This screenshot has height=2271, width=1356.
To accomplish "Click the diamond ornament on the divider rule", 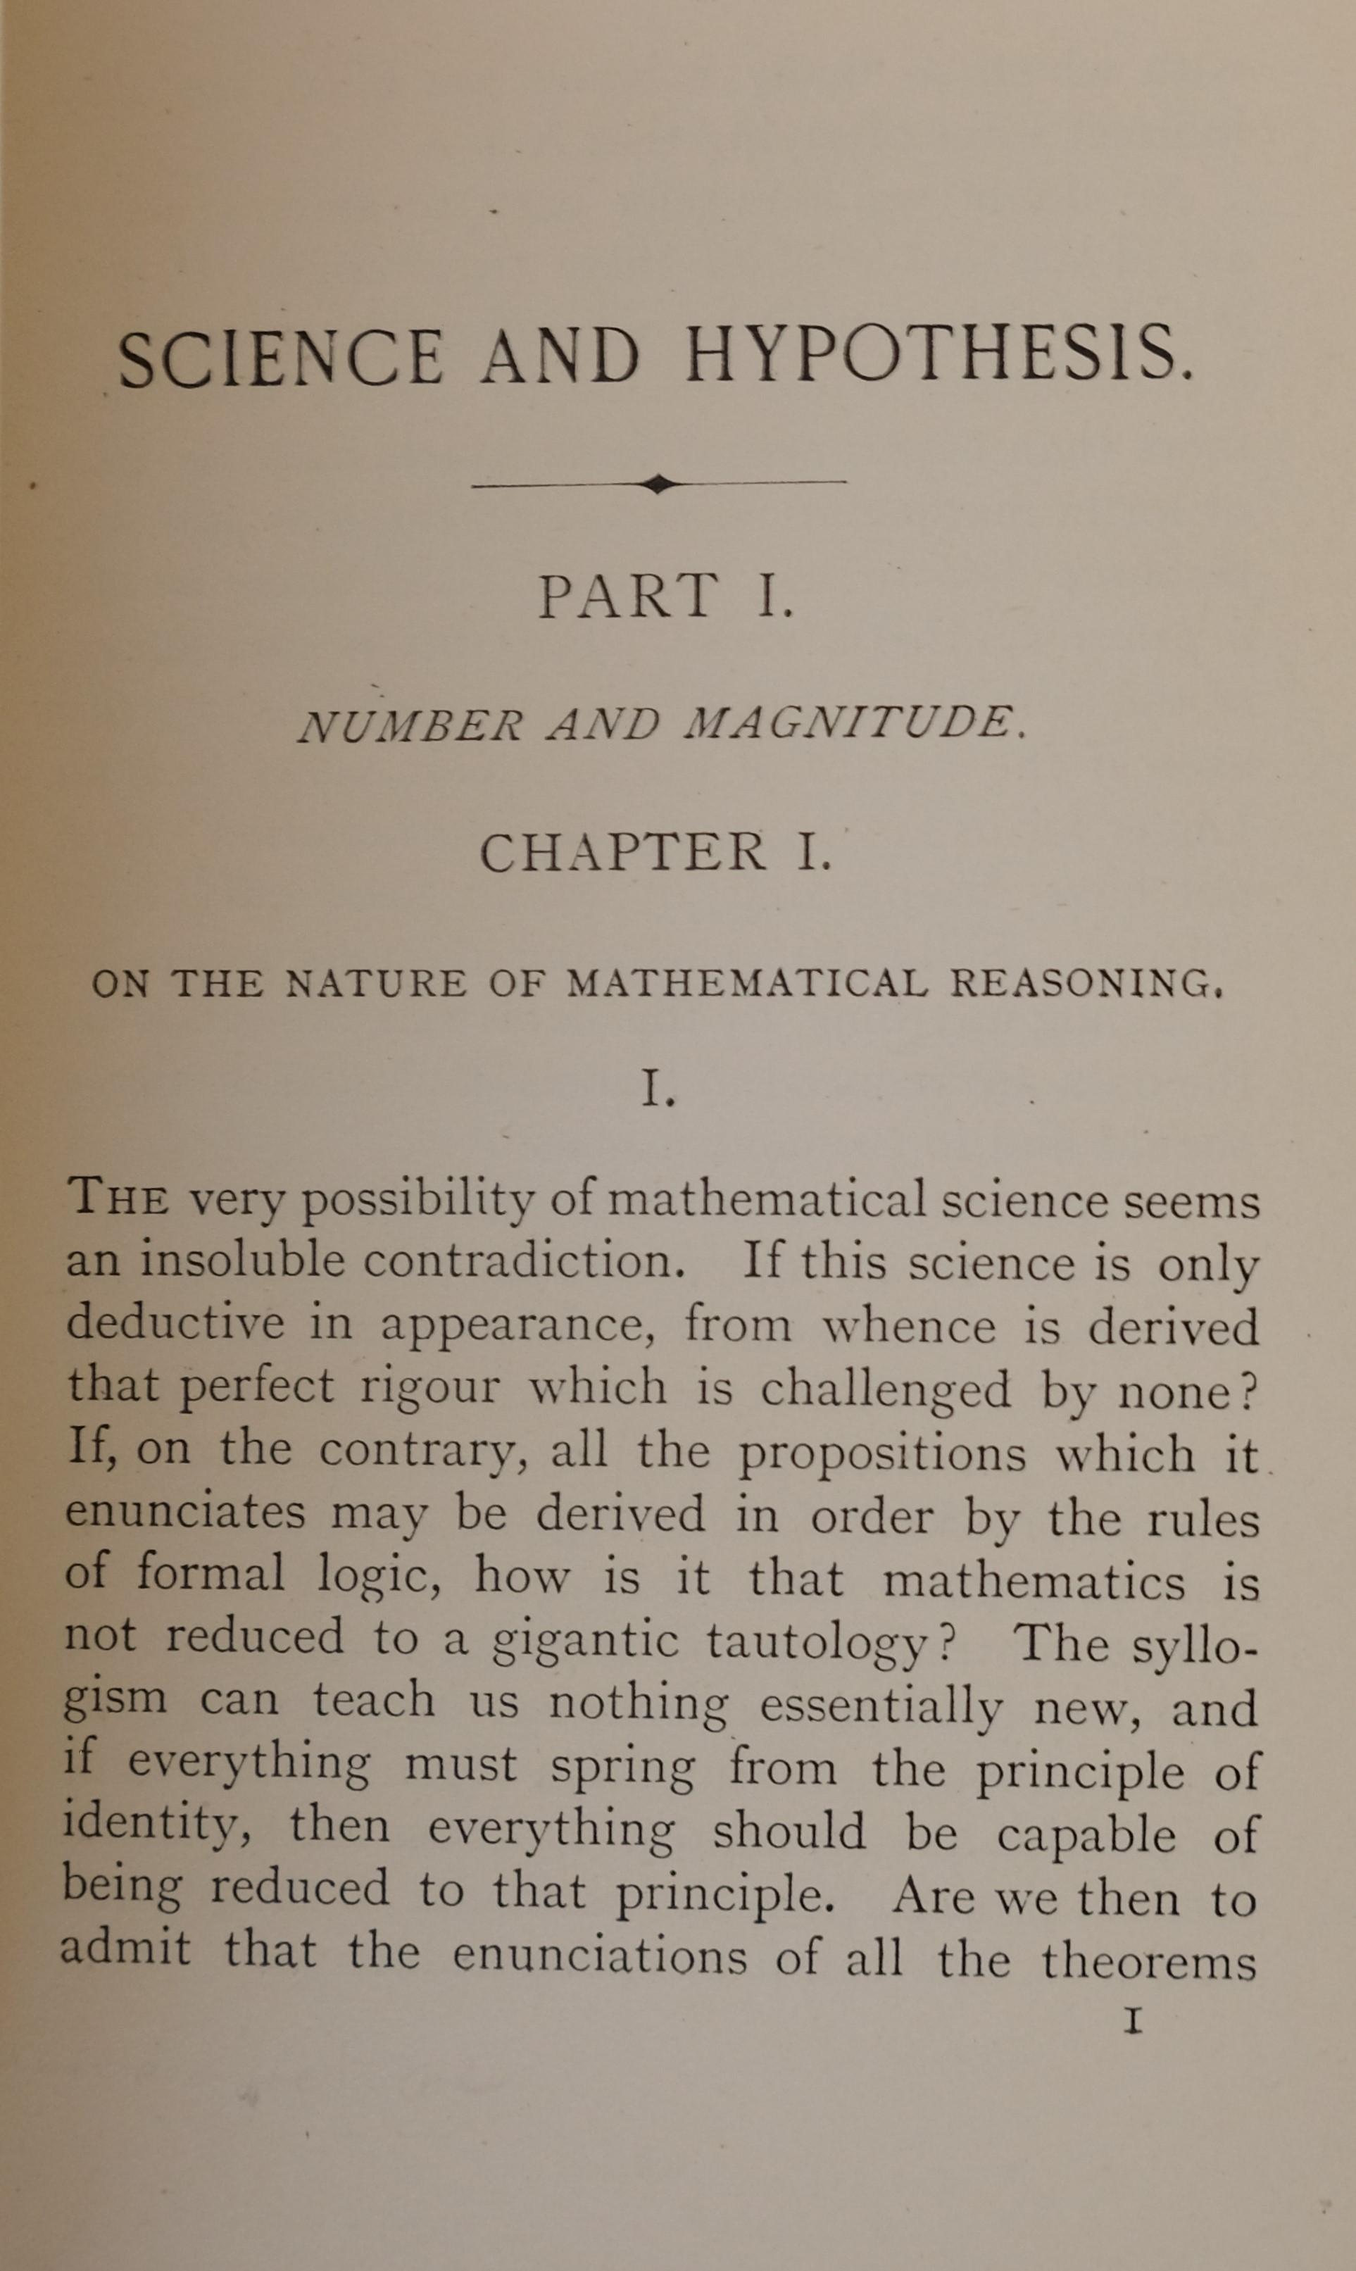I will click(658, 484).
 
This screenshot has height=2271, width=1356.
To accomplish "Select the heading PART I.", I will click(665, 596).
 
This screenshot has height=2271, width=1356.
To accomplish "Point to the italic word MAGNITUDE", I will click(850, 724).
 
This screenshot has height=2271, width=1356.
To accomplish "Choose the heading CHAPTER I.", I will click(656, 853).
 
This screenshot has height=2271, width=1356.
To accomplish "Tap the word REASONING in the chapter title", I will click(1086, 983).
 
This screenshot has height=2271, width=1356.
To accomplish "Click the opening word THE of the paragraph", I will click(118, 1198).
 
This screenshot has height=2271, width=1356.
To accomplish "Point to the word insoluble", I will click(242, 1261).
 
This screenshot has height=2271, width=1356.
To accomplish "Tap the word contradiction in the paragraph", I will click(524, 1262).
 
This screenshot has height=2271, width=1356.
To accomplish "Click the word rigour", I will click(429, 1387).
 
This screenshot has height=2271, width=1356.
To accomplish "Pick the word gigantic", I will click(585, 1641).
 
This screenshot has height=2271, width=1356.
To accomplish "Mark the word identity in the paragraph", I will click(156, 1828).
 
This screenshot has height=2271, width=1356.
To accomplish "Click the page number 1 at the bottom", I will click(1133, 2020).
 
